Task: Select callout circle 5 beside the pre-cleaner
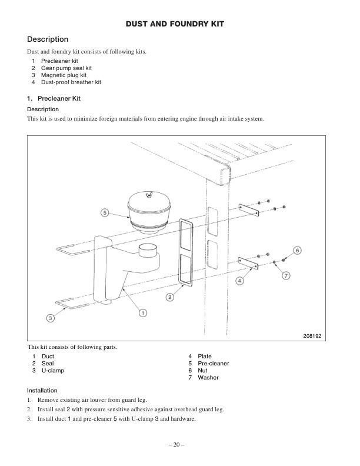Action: pyautogui.click(x=104, y=212)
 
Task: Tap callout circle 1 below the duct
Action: pyautogui.click(x=142, y=312)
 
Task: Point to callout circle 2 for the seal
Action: pyautogui.click(x=169, y=297)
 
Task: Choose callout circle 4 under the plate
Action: pyautogui.click(x=239, y=281)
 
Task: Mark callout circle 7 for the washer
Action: pyautogui.click(x=286, y=275)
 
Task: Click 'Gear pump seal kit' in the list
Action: pyautogui.click(x=66, y=68)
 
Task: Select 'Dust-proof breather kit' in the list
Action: pyautogui.click(x=71, y=82)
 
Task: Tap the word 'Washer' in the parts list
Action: pyautogui.click(x=208, y=378)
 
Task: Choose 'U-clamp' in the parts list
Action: pyautogui.click(x=52, y=371)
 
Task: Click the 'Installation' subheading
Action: pyautogui.click(x=42, y=390)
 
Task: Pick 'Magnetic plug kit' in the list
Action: pyautogui.click(x=64, y=75)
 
